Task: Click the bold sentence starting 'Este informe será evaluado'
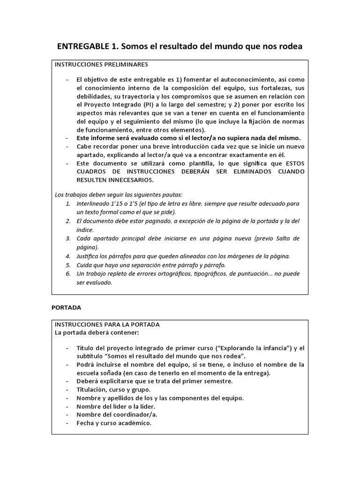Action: point(188,138)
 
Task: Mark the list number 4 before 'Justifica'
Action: point(68,256)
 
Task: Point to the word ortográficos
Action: point(172,274)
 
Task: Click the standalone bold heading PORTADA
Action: point(66,308)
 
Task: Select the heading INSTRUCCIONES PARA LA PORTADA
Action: point(107,324)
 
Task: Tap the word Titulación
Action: point(94,390)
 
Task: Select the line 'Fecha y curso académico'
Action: point(114,423)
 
